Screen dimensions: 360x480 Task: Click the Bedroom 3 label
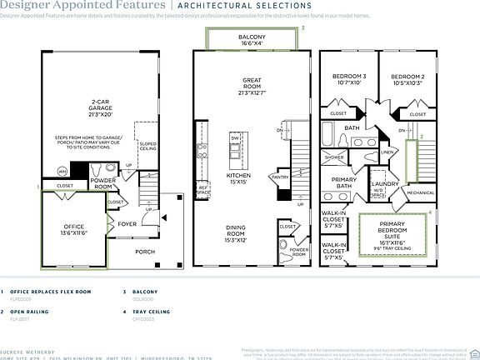click(x=348, y=78)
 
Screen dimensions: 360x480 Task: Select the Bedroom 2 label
click(x=407, y=78)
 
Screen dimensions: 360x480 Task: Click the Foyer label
click(x=126, y=223)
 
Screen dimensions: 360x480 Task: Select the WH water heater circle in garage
click(x=62, y=171)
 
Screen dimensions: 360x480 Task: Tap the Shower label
click(x=334, y=157)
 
